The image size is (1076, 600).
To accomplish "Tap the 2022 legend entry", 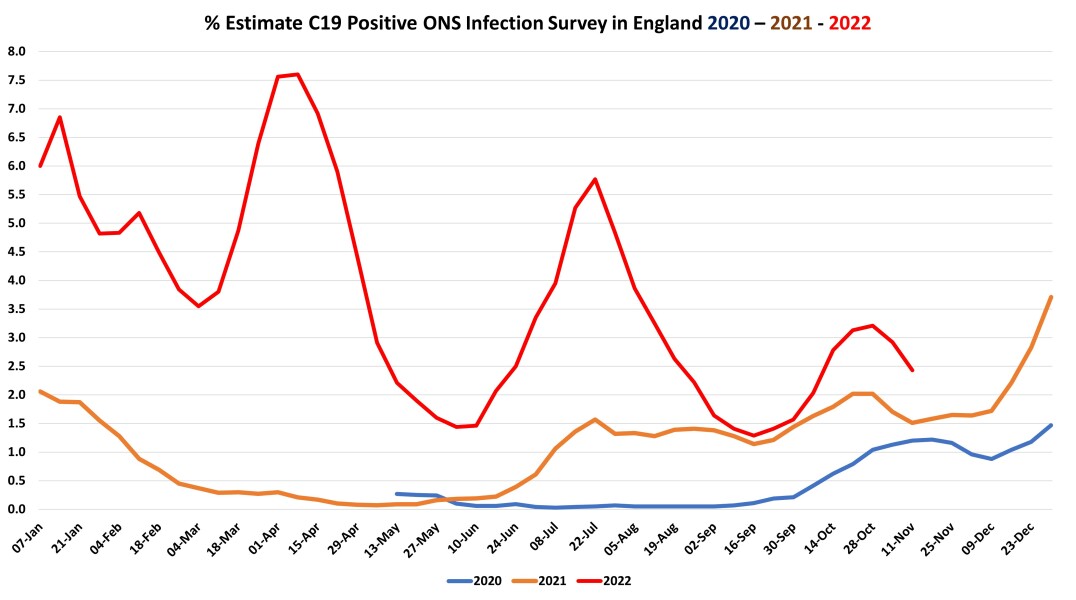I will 611,581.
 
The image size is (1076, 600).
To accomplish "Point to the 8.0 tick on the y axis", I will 16,51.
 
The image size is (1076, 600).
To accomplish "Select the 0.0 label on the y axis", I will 16,509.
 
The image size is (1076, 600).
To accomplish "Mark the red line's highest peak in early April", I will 298,74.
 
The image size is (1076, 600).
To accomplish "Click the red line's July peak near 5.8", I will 596,179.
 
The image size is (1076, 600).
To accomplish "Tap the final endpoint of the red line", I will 912,370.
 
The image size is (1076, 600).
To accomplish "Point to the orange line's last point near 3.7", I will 1052,297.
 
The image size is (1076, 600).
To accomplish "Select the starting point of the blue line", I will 397,493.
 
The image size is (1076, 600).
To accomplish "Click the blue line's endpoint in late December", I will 1052,425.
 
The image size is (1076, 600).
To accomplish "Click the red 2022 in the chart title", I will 846,20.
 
